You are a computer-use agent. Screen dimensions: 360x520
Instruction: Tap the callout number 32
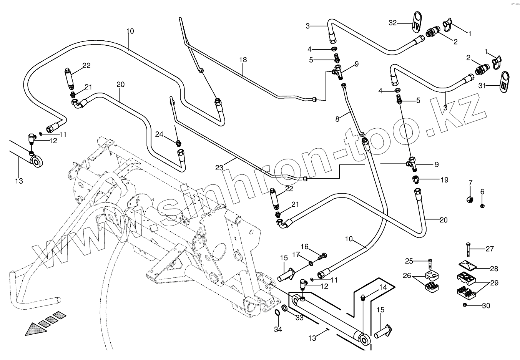pos(392,23)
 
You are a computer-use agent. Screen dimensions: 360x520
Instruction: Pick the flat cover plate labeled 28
pos(467,265)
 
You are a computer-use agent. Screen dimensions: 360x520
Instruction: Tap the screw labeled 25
pos(430,265)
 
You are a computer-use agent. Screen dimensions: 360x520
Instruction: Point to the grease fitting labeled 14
pos(363,297)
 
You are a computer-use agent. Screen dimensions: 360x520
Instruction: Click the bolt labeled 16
pos(323,255)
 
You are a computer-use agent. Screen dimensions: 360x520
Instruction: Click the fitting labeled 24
pos(178,144)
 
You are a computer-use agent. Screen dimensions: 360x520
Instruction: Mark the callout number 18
pos(243,60)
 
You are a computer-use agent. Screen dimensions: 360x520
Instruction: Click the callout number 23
pos(219,168)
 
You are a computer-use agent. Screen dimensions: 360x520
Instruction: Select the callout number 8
pos(337,119)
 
